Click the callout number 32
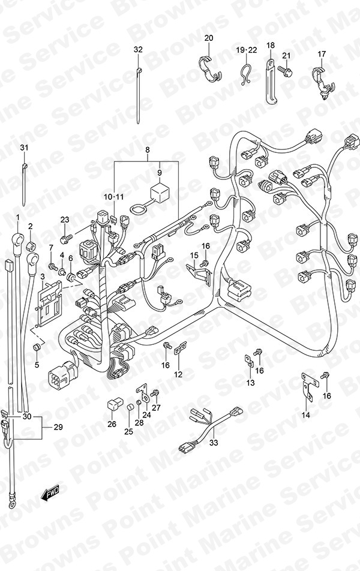click(x=138, y=50)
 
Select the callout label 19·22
click(x=247, y=50)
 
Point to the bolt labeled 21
click(x=293, y=68)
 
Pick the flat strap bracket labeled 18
click(x=271, y=82)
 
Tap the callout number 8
click(x=147, y=150)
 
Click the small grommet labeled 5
click(x=37, y=347)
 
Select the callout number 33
click(x=214, y=443)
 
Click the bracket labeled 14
click(x=308, y=386)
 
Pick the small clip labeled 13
click(x=250, y=361)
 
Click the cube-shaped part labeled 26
click(x=113, y=405)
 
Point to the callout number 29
click(x=58, y=427)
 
